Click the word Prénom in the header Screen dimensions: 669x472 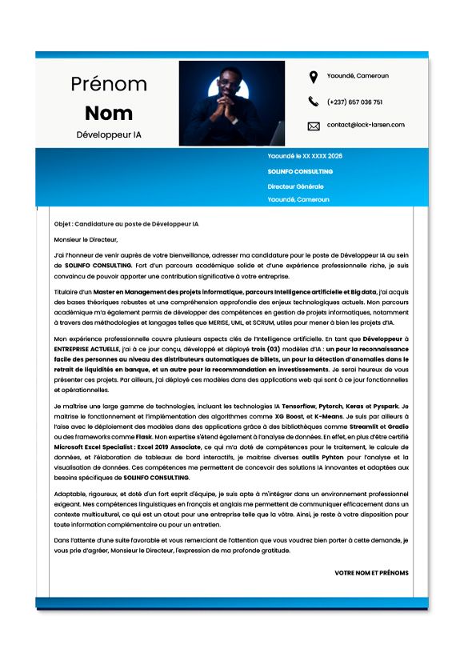coord(109,83)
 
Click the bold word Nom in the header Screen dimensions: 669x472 coord(109,112)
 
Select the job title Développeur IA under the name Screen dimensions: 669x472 coord(109,134)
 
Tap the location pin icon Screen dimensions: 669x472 coord(313,77)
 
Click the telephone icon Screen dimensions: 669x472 coord(313,102)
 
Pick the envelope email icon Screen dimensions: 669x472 coord(313,126)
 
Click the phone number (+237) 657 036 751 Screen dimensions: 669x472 coord(354,102)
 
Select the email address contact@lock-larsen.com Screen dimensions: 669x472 coord(366,125)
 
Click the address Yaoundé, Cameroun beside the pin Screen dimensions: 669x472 coord(358,76)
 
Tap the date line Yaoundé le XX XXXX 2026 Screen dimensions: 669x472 coord(305,156)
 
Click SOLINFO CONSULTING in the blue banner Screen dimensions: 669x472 coord(300,171)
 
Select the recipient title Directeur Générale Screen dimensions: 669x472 coord(295,186)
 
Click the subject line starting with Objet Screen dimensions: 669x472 coord(126,224)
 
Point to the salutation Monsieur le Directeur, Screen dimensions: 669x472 coord(86,238)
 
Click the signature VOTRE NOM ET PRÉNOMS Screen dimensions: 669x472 coord(371,573)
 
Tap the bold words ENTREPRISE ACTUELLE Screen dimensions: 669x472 coord(86,350)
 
